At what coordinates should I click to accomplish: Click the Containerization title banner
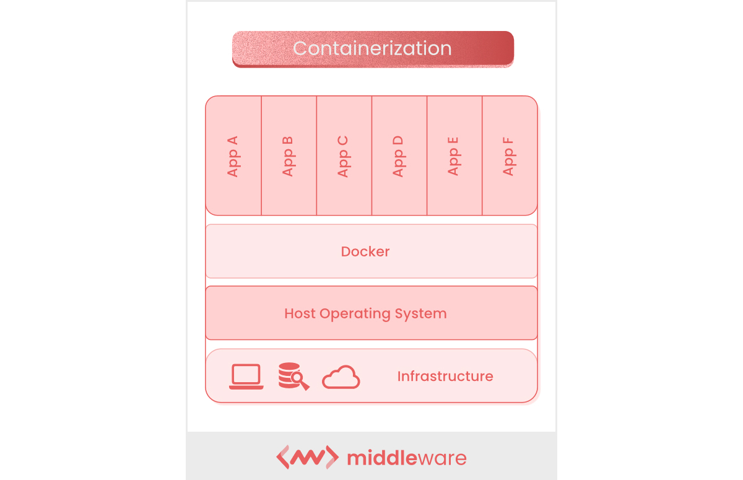point(373,48)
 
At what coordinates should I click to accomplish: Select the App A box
point(233,155)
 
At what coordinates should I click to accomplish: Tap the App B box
point(289,155)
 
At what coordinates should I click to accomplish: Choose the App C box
point(344,155)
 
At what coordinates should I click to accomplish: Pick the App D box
point(399,155)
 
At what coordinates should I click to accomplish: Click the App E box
point(454,155)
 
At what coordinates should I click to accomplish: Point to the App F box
point(509,155)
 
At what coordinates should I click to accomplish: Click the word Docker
point(365,251)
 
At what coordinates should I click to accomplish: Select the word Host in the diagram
point(300,313)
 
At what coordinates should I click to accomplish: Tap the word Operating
point(355,314)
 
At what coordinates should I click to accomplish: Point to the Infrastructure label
point(445,376)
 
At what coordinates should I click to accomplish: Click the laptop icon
point(246,377)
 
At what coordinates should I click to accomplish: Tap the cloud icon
point(341,377)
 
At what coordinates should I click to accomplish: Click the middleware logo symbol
point(307,458)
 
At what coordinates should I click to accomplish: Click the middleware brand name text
point(407,458)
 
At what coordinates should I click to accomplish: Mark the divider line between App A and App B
point(261,155)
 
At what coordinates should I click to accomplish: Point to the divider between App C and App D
point(371,155)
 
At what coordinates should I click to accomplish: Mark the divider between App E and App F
point(482,155)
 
